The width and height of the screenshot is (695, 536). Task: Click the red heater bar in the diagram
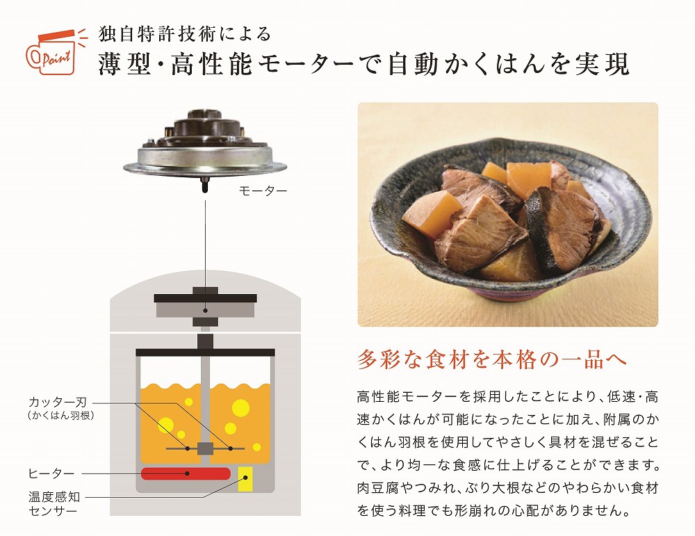(186, 473)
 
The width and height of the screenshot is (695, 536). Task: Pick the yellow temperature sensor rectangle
(245, 479)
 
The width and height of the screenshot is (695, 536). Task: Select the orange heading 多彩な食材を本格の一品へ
(492, 359)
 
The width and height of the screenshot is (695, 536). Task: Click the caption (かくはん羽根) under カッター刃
(58, 416)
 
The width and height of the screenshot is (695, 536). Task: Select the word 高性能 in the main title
(216, 64)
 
